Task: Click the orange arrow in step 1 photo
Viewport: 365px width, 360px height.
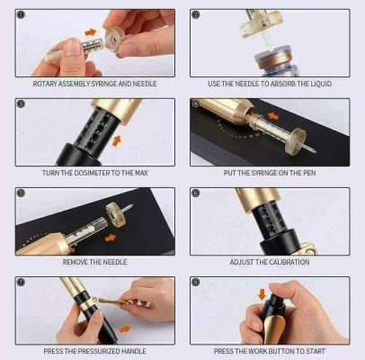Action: tap(91, 32)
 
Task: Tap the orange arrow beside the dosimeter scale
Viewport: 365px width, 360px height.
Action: tap(117, 140)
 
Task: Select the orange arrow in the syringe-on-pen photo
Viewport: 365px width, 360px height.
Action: tap(273, 115)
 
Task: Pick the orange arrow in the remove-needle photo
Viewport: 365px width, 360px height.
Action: tap(111, 238)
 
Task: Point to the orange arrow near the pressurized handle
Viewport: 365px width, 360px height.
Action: tap(125, 329)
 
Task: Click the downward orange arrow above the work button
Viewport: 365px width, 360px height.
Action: tap(263, 294)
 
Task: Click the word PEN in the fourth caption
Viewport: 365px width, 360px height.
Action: tap(308, 173)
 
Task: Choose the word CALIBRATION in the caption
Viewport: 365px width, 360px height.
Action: tap(290, 262)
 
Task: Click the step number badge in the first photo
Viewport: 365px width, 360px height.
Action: tap(21, 14)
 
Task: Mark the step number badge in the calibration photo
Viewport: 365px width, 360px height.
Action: tap(195, 193)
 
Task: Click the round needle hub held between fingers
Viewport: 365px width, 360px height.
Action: tap(112, 39)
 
